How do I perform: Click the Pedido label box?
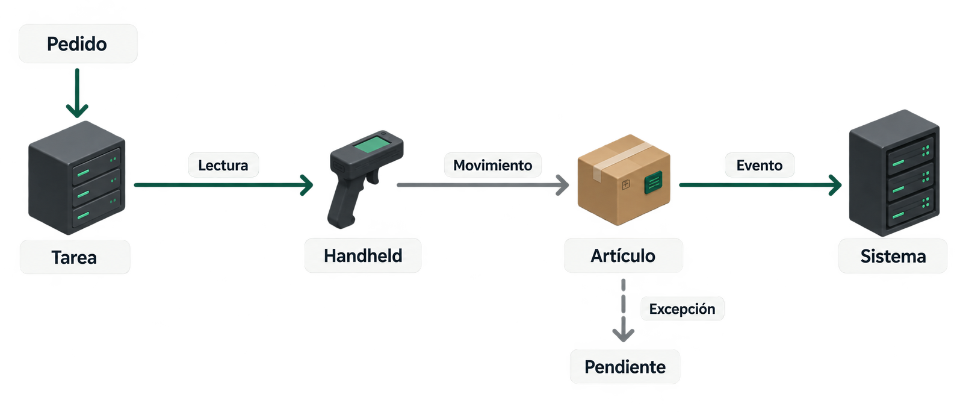point(78,44)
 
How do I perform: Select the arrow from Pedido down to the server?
point(77,93)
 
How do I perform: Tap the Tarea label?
point(75,257)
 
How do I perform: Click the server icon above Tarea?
point(76,178)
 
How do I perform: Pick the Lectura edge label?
point(223,165)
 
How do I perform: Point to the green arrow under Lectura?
point(223,185)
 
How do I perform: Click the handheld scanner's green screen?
point(372,144)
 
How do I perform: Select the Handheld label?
point(363,256)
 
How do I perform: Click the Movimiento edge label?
point(493,165)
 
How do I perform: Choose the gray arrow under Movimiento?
point(483,185)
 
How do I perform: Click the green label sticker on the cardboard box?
point(654,183)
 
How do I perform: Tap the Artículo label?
point(624,256)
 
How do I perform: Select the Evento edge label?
point(760,165)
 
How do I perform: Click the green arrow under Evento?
point(760,185)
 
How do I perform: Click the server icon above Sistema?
point(894,173)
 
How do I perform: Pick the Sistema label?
point(893,257)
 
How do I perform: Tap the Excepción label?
point(683,309)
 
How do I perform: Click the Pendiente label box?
point(625,367)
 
